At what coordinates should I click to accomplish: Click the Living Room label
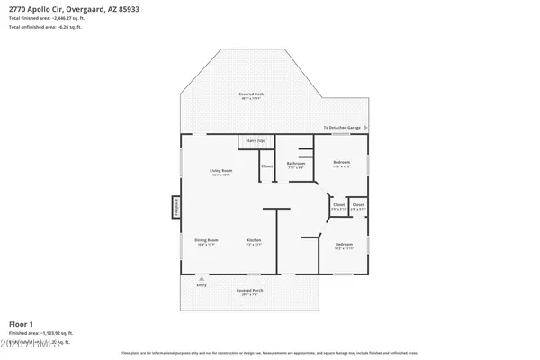coord(221,170)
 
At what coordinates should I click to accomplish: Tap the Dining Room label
coord(207,240)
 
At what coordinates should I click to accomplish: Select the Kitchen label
coord(255,240)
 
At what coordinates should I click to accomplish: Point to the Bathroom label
coord(295,163)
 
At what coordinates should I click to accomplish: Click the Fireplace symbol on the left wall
coord(176,208)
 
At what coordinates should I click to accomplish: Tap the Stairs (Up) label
coord(256,141)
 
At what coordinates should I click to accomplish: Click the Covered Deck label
coord(252,94)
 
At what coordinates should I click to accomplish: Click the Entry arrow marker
coord(201,280)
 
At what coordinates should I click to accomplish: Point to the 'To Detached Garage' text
coord(343,129)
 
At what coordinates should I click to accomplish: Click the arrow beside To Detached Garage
coord(365,129)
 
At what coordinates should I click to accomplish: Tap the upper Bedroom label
coord(341,162)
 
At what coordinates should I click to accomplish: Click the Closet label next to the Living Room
coord(266,166)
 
